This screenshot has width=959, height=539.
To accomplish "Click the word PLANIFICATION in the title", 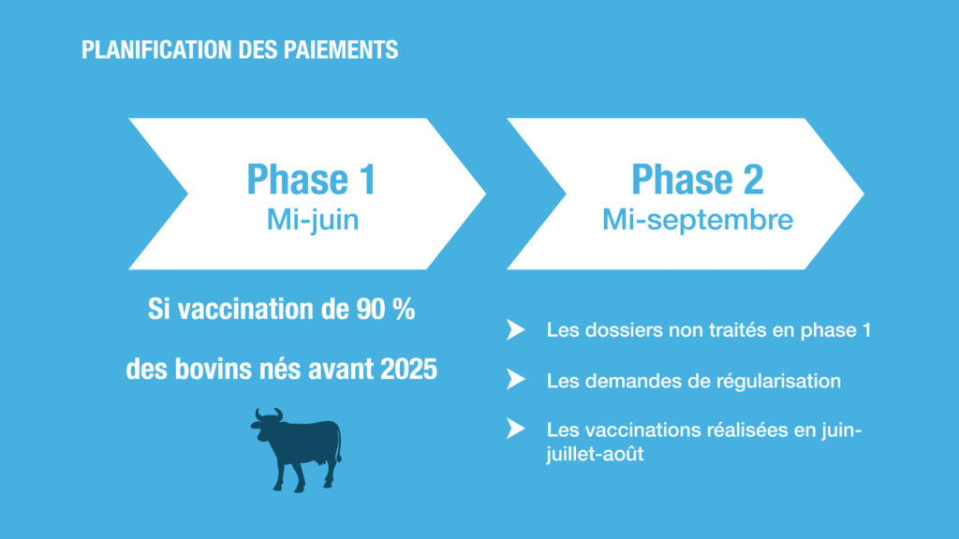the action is coord(156,51).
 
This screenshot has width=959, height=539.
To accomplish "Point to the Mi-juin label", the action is coord(313,220).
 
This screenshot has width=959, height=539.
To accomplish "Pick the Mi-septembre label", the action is coord(697,220).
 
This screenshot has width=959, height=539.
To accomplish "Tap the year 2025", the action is coord(408,369).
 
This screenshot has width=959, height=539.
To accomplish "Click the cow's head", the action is coord(265,425).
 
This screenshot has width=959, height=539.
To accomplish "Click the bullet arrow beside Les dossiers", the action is coord(516,330).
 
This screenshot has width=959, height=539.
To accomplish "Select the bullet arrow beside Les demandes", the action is coord(516,380).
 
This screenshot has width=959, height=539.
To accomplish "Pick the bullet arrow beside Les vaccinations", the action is coord(516,429).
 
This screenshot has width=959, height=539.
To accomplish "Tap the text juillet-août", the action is coord(595,454).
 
